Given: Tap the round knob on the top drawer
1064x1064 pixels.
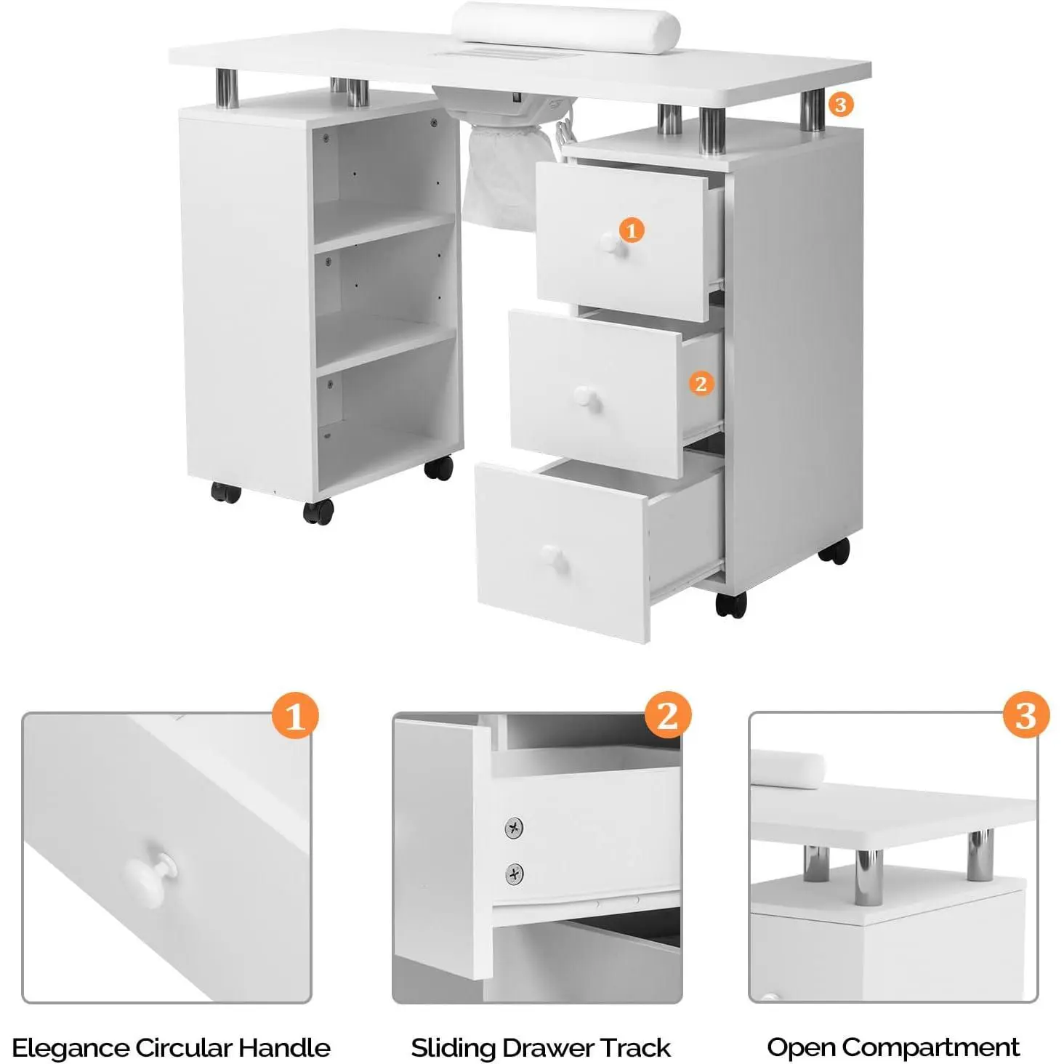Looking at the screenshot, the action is (x=610, y=243).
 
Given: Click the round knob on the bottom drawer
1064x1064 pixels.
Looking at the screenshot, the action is (x=554, y=558).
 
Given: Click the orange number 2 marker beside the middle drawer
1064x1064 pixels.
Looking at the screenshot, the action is (x=701, y=383).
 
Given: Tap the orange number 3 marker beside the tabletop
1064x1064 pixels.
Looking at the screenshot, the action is (x=840, y=105).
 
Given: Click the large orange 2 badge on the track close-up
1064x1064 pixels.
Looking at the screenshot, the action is (x=668, y=716).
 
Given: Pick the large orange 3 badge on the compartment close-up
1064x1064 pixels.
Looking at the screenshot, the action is (x=1026, y=716).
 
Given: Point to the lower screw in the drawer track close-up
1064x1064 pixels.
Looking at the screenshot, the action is (x=514, y=874).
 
